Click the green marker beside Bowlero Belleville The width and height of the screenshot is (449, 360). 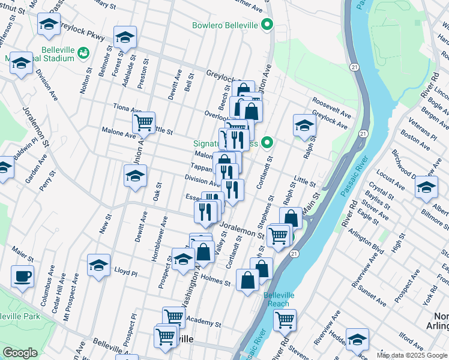tap(268, 25)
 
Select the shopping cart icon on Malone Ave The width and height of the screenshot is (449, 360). tap(143, 123)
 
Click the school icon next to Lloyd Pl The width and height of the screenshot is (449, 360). tap(99, 265)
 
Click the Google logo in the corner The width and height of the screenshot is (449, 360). tap(20, 353)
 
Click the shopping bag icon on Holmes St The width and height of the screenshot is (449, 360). tap(247, 280)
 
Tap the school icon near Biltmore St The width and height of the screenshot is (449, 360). tap(426, 187)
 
